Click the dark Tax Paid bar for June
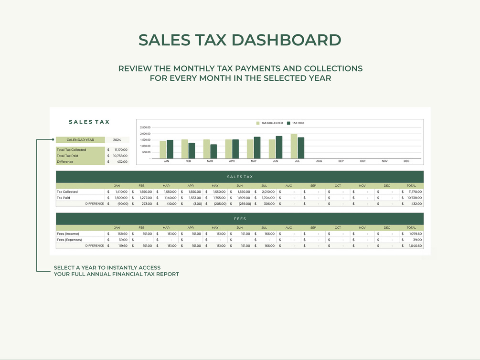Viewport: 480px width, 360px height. point(279,148)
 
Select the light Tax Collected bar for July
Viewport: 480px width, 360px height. point(294,146)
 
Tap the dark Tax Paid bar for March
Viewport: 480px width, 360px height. point(213,151)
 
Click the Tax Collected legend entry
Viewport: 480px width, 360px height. point(270,123)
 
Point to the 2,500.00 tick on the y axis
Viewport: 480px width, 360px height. point(145,127)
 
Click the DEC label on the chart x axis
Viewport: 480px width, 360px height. point(406,161)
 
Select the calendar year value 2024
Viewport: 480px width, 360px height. point(117,140)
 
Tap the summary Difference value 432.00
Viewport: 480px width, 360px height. point(122,162)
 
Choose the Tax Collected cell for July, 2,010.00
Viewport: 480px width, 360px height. point(268,192)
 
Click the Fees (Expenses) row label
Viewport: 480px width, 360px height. point(69,240)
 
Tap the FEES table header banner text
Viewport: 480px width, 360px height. point(240,219)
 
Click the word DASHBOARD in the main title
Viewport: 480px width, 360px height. point(286,40)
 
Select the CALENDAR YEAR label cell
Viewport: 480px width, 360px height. point(80,140)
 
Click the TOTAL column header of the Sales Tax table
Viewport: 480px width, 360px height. point(411,186)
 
